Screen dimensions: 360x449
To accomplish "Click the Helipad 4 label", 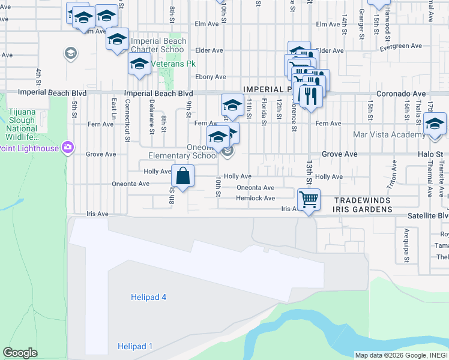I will (x=148, y=297).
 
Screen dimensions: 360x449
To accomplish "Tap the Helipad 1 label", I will (x=135, y=346).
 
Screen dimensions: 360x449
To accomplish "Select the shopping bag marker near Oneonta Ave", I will (x=183, y=177).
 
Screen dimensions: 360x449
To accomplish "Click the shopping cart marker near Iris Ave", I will (x=309, y=199).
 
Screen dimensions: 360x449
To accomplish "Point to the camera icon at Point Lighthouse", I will (x=68, y=147).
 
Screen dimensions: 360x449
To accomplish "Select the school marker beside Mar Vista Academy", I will (x=434, y=124).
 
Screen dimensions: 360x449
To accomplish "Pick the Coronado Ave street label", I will (x=400, y=94).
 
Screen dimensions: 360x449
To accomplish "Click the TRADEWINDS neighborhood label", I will (x=363, y=200).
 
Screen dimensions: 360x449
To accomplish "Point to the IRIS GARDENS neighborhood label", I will (x=363, y=209).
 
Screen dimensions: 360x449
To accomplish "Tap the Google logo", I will (x=20, y=353).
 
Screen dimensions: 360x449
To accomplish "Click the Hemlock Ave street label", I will (x=255, y=198).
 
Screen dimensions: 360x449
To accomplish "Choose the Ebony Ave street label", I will (x=211, y=77).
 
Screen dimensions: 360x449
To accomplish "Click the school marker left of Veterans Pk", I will (x=139, y=64).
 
